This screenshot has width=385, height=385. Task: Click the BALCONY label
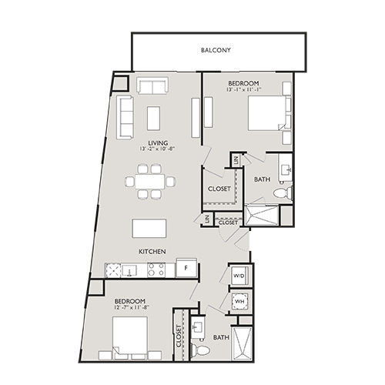click(216, 51)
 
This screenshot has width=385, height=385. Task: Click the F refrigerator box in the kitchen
click(186, 269)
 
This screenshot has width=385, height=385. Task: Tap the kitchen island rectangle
click(150, 229)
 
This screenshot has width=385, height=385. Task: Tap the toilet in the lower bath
click(202, 350)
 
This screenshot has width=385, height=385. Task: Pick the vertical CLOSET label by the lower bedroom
click(179, 337)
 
